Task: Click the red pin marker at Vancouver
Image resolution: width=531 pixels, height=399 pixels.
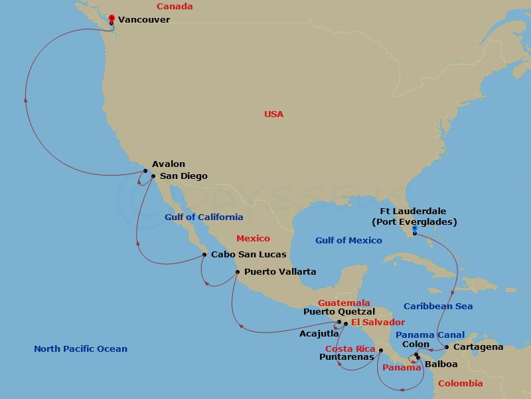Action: click(x=111, y=19)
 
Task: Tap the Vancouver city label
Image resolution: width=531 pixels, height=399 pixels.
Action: click(x=144, y=20)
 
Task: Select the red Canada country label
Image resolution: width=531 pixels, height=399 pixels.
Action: click(x=175, y=7)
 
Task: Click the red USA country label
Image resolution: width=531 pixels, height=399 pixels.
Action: click(x=273, y=114)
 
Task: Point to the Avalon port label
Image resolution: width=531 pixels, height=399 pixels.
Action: click(x=169, y=164)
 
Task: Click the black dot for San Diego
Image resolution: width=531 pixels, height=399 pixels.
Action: click(x=153, y=176)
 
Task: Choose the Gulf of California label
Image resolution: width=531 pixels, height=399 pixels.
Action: click(x=204, y=217)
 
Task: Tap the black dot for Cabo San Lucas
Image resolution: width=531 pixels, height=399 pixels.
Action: click(x=204, y=254)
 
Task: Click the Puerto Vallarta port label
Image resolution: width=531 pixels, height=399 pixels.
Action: click(x=280, y=271)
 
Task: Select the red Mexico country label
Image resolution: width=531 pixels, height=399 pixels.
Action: click(x=254, y=238)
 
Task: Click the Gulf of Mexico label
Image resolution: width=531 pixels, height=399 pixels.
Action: click(x=348, y=241)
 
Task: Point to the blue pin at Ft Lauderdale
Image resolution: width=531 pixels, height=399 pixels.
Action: click(x=414, y=229)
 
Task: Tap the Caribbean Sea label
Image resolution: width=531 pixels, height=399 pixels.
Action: click(x=438, y=307)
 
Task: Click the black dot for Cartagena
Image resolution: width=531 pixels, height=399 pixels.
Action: click(x=447, y=347)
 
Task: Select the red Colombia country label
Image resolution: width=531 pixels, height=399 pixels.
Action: click(x=460, y=384)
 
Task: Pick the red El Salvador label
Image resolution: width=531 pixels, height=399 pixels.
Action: click(x=378, y=323)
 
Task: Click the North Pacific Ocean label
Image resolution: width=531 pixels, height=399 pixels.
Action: click(x=80, y=349)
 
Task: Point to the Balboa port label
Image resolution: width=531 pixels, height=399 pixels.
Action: click(x=441, y=364)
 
